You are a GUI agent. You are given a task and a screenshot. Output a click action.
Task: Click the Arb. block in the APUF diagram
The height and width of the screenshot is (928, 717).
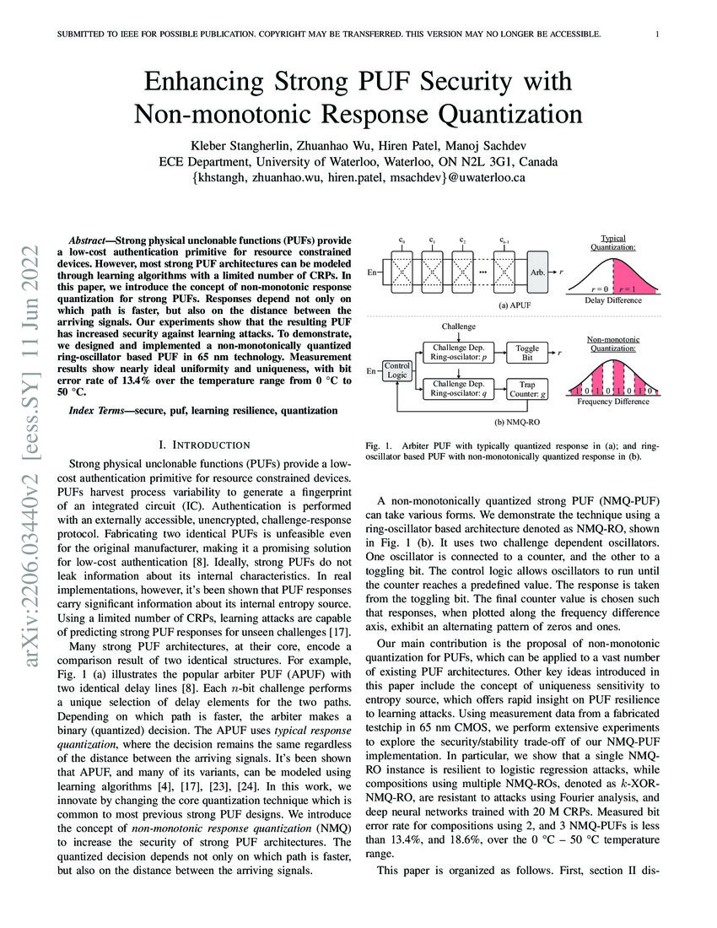pos(537,272)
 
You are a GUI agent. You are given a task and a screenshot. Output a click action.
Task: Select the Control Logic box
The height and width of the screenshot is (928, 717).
pos(396,370)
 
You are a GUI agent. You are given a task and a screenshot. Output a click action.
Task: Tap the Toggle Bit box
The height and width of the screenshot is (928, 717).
pos(528,353)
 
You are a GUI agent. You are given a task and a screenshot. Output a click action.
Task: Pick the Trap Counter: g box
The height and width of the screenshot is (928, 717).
pos(528,388)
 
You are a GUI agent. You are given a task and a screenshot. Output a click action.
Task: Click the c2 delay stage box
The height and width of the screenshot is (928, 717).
pos(463,272)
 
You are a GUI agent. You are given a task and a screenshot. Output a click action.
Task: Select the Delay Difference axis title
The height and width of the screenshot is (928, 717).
pos(613,299)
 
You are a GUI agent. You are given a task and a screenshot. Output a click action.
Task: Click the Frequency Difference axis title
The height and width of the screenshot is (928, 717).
pos(612,402)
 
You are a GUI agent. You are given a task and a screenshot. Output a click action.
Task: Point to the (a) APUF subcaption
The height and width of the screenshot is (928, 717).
pos(466,304)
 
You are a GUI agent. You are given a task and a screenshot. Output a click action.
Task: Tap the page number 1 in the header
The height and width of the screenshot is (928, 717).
pos(655,35)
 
